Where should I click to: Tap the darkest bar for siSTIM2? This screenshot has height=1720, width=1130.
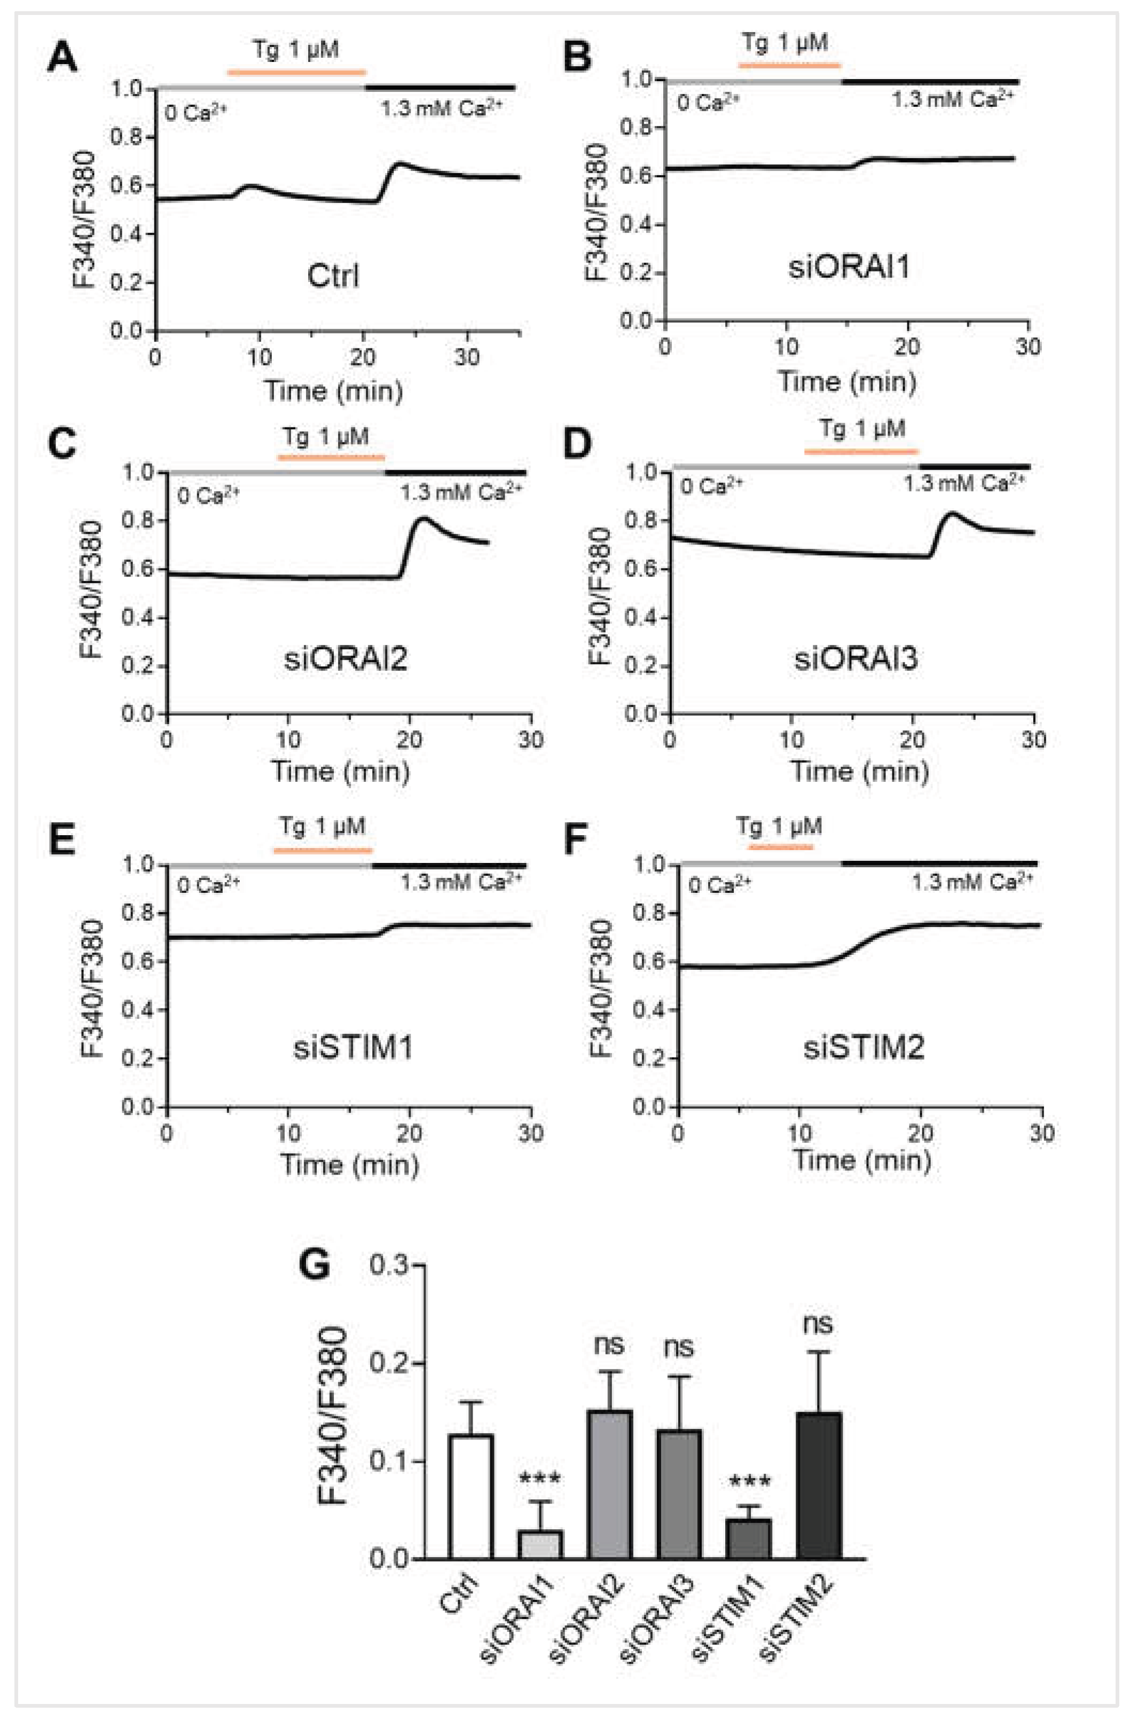819,1486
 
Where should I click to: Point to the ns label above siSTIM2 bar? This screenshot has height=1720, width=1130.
818,1324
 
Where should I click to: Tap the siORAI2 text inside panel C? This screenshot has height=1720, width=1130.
346,659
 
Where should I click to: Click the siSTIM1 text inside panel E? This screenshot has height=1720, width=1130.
352,1047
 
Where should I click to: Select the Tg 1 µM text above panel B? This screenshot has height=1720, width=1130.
784,43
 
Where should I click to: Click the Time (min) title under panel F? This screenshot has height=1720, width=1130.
861,1159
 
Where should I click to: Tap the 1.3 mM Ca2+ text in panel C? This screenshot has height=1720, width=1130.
460,493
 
